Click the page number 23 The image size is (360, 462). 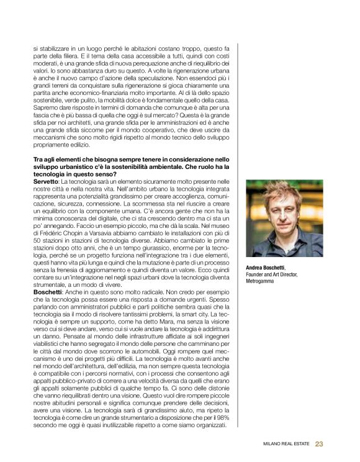(x=319, y=443)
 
